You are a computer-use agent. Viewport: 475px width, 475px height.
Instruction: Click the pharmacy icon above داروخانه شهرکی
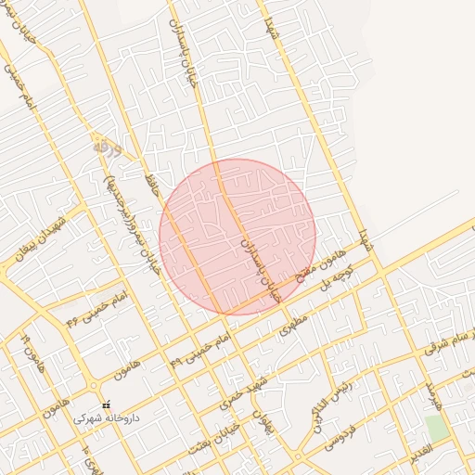pyautogui.click(x=105, y=404)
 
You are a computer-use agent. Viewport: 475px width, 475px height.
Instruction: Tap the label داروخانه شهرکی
pyautogui.click(x=107, y=418)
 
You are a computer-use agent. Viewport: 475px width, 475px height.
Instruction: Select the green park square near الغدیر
pyautogui.click(x=436, y=428)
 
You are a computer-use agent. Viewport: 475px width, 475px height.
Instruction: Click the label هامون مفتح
pyautogui.click(x=320, y=265)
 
